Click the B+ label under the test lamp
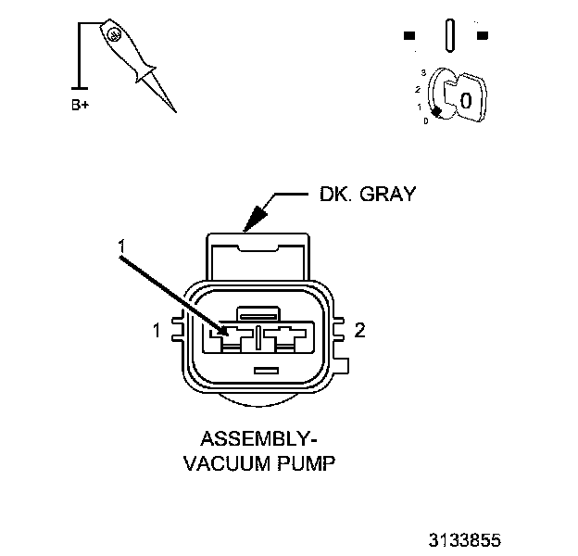pos(81,106)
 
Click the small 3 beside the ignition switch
pos(423,71)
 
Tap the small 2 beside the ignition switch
pos(419,89)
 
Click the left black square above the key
pos(408,36)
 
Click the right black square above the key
pos(482,36)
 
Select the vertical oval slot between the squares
pos(449,35)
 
